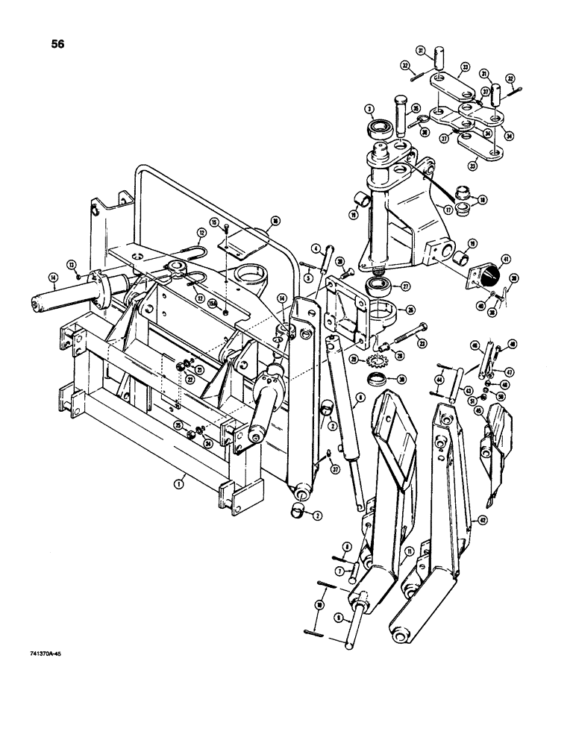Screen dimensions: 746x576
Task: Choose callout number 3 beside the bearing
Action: (369, 110)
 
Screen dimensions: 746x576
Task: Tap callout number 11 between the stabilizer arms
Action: (410, 552)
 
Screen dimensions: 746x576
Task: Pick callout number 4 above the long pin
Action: (317, 248)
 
